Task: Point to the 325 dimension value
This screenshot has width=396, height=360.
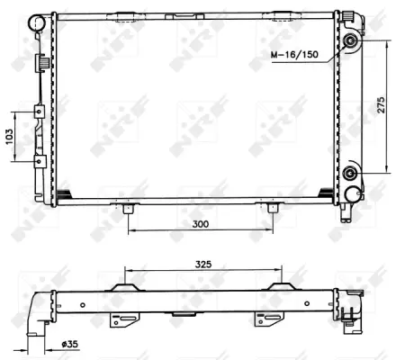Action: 203,265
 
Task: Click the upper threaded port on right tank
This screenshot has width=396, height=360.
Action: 350,44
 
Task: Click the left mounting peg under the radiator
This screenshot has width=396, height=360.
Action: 129,208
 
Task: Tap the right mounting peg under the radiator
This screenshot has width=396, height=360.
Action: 272,208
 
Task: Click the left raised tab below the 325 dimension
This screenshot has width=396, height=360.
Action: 123,289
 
